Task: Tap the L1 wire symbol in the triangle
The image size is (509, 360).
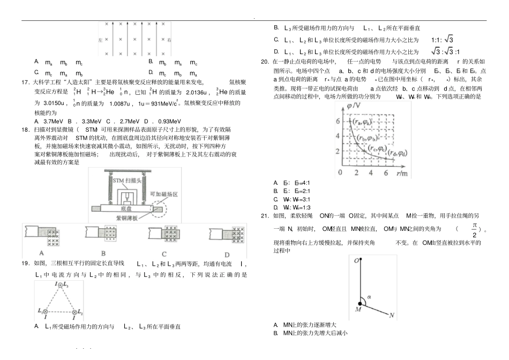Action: coord(46,311)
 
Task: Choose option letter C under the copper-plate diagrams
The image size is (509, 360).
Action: coord(164,254)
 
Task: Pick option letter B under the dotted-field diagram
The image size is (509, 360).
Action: coord(103,254)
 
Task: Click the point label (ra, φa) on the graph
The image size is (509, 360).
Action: coord(364,122)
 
